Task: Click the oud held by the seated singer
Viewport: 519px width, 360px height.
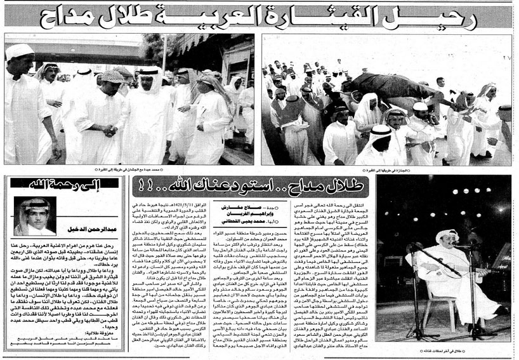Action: pyautogui.click(x=438, y=267)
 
